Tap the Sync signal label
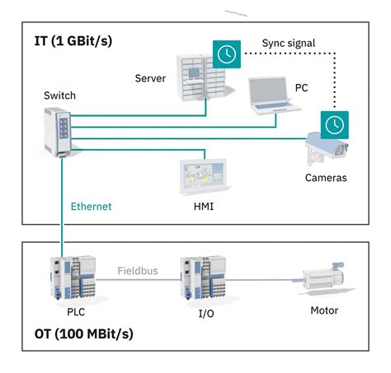coord(289,43)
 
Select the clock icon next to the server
coord(224,54)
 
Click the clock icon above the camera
coord(334,124)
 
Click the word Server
coord(151,78)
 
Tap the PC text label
coord(303,86)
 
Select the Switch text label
coord(59,96)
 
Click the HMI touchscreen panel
coord(199,173)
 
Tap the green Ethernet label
coord(91,207)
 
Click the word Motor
coord(323,310)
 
